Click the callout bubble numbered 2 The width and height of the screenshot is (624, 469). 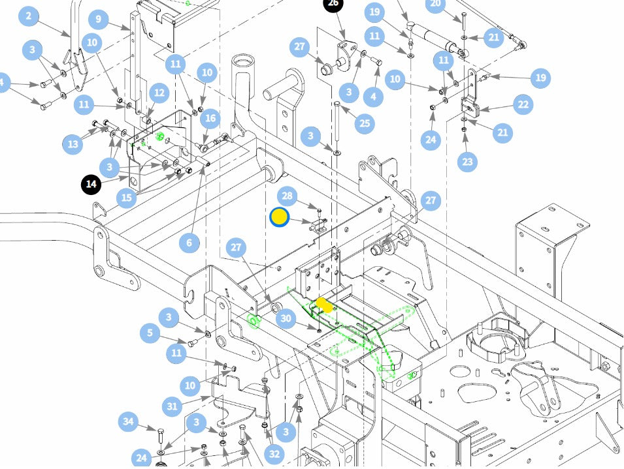[28, 16]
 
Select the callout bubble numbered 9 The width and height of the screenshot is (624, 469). [98, 19]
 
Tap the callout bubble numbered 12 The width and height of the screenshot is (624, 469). [159, 93]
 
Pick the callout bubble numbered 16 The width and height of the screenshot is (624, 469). [210, 118]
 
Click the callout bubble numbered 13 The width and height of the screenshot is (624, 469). [73, 144]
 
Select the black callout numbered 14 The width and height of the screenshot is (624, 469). [91, 184]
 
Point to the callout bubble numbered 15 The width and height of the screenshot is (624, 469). [127, 198]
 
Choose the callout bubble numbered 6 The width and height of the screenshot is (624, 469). [189, 243]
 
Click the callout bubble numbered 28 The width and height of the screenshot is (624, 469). [287, 196]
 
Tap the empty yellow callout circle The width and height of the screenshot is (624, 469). [280, 218]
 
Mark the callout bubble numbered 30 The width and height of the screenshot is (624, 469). [286, 318]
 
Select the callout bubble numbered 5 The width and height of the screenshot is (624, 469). [150, 333]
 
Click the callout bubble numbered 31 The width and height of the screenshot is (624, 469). [172, 406]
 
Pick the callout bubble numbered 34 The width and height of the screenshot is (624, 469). [128, 421]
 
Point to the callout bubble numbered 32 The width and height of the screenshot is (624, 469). [274, 454]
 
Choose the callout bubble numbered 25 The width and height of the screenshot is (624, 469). [365, 123]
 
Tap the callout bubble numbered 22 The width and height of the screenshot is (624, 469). [523, 105]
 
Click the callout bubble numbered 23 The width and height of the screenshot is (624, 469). [467, 162]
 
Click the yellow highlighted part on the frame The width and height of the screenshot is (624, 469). [324, 305]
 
